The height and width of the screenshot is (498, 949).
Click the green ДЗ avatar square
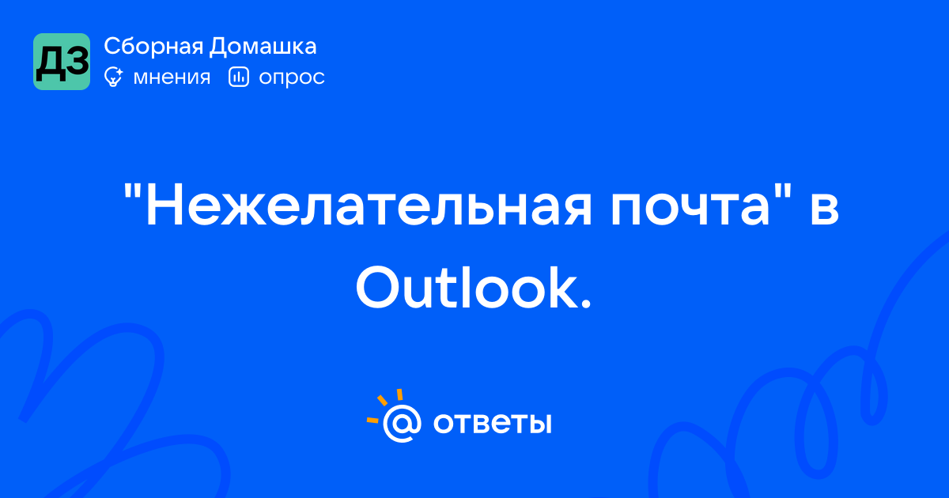[x=62, y=62]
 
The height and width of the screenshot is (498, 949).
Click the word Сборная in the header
[x=153, y=47]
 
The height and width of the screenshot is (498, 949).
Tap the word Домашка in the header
[x=263, y=47]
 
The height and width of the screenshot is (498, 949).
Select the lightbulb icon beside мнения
[x=113, y=77]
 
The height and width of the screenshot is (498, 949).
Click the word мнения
[x=172, y=77]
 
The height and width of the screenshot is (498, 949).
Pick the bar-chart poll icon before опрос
[x=239, y=77]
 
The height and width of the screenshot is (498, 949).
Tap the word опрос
[x=292, y=78]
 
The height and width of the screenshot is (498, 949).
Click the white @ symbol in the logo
[x=402, y=423]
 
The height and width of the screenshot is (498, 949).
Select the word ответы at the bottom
[x=492, y=423]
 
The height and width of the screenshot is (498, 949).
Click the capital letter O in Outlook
[x=379, y=288]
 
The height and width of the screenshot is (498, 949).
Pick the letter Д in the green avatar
[x=50, y=62]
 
